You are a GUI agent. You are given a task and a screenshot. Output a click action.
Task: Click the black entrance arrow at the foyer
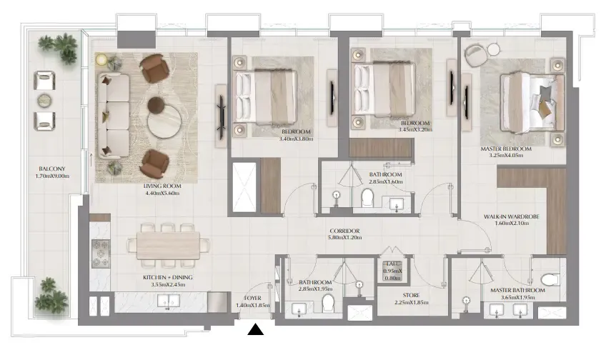tap(256, 329)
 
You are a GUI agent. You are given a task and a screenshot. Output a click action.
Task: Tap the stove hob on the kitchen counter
tap(99, 251)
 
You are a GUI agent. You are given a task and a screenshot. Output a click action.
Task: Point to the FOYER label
tap(252, 299)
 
